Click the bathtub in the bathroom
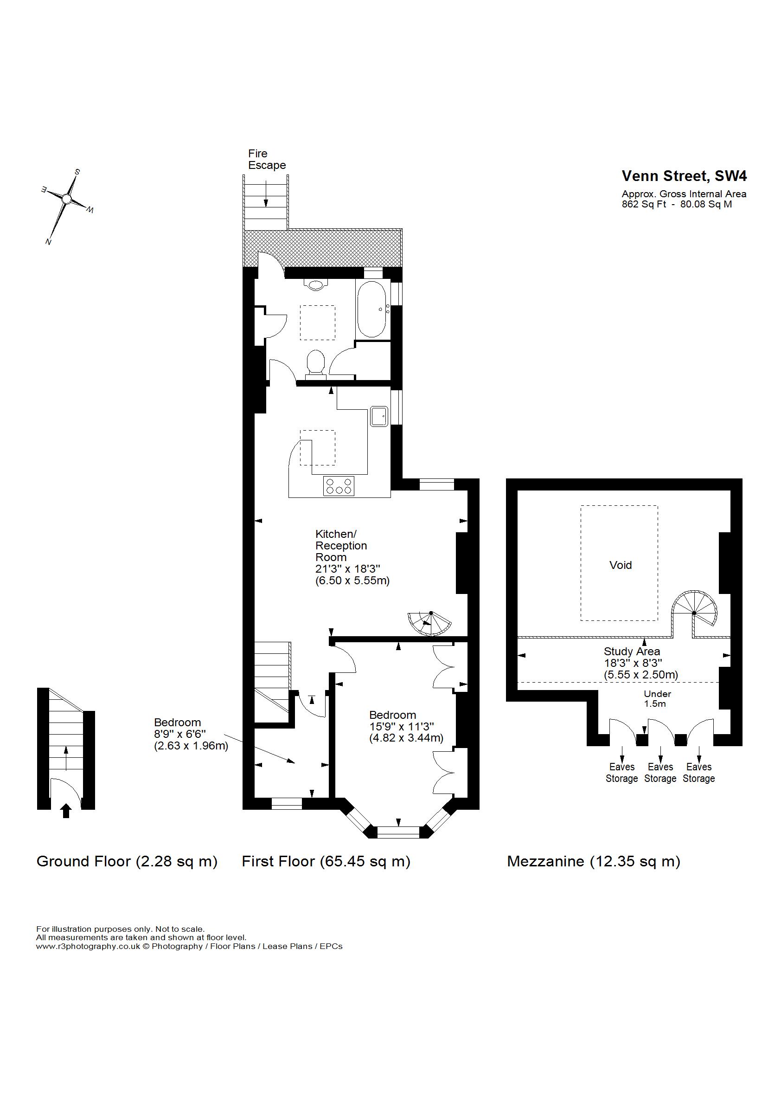(370, 310)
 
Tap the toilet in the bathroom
(315, 364)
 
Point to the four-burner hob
(339, 485)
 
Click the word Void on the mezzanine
(621, 565)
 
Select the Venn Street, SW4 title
(685, 176)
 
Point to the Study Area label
(632, 652)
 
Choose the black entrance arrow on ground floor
(66, 811)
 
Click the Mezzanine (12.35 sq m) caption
(594, 861)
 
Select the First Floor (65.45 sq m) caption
(326, 861)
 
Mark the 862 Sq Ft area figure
(645, 204)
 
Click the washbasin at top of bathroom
(315, 285)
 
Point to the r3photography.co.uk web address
(88, 946)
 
